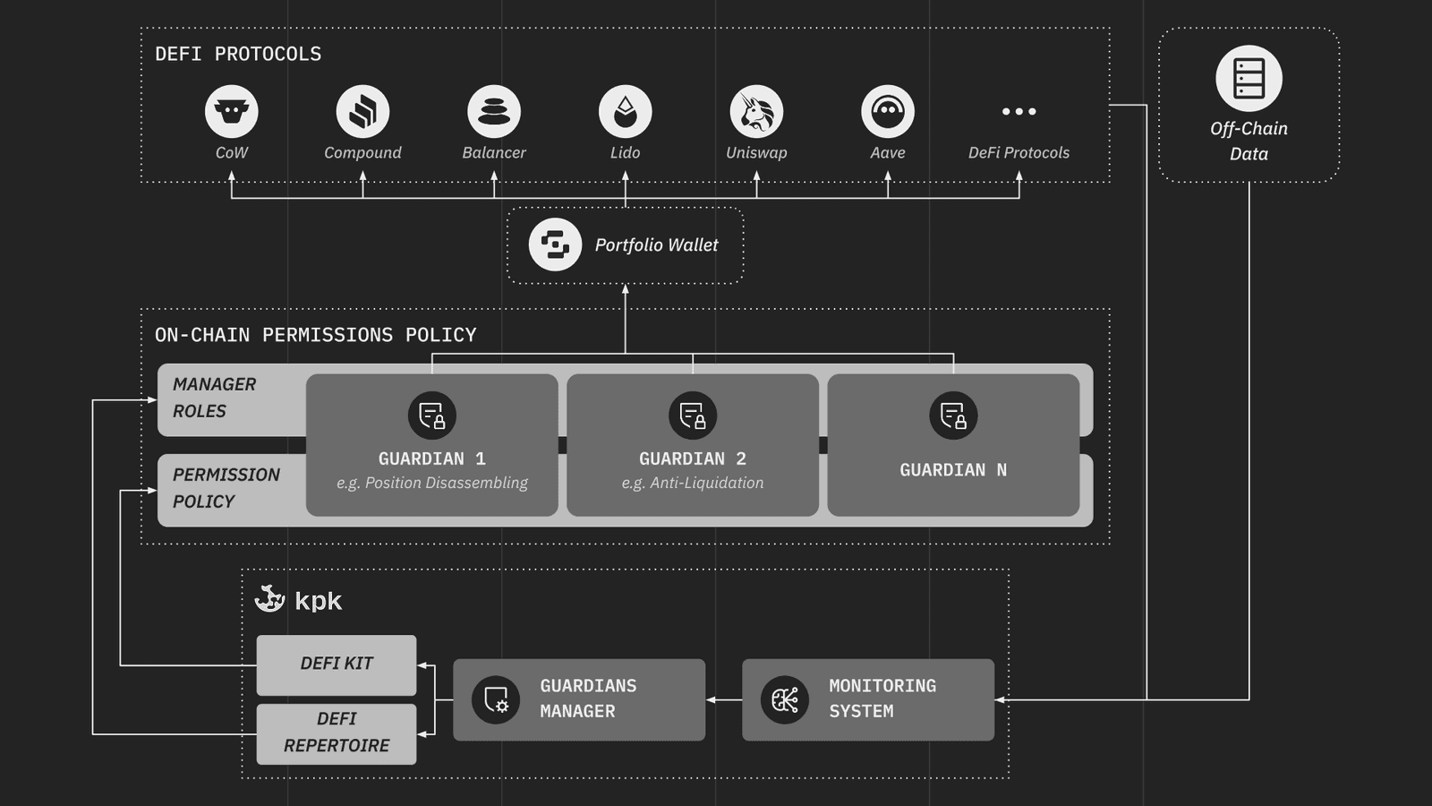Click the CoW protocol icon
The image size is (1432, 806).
[x=232, y=112]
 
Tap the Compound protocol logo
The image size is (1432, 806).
[x=362, y=112]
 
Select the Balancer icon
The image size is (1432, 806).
[x=494, y=112]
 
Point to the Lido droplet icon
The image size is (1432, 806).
[x=625, y=112]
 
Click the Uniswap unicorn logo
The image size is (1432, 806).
[x=756, y=112]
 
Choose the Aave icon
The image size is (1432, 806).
[x=888, y=112]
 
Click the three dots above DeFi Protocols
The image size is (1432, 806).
[x=1019, y=112]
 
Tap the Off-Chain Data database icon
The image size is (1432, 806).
[x=1249, y=79]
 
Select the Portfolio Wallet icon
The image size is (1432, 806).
[x=555, y=244]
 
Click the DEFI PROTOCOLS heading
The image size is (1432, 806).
[x=238, y=54]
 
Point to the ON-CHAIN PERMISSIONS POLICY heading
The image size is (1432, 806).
[x=315, y=335]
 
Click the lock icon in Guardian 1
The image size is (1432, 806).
[x=432, y=416]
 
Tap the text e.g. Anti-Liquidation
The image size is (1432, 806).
[x=693, y=483]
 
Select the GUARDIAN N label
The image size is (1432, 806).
[x=953, y=470]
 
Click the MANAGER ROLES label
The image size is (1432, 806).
[x=214, y=398]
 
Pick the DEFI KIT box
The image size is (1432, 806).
[x=337, y=665]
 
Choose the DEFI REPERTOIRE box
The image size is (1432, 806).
[x=337, y=733]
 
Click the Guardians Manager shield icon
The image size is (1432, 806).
[x=496, y=699]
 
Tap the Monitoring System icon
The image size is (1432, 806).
[x=785, y=699]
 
